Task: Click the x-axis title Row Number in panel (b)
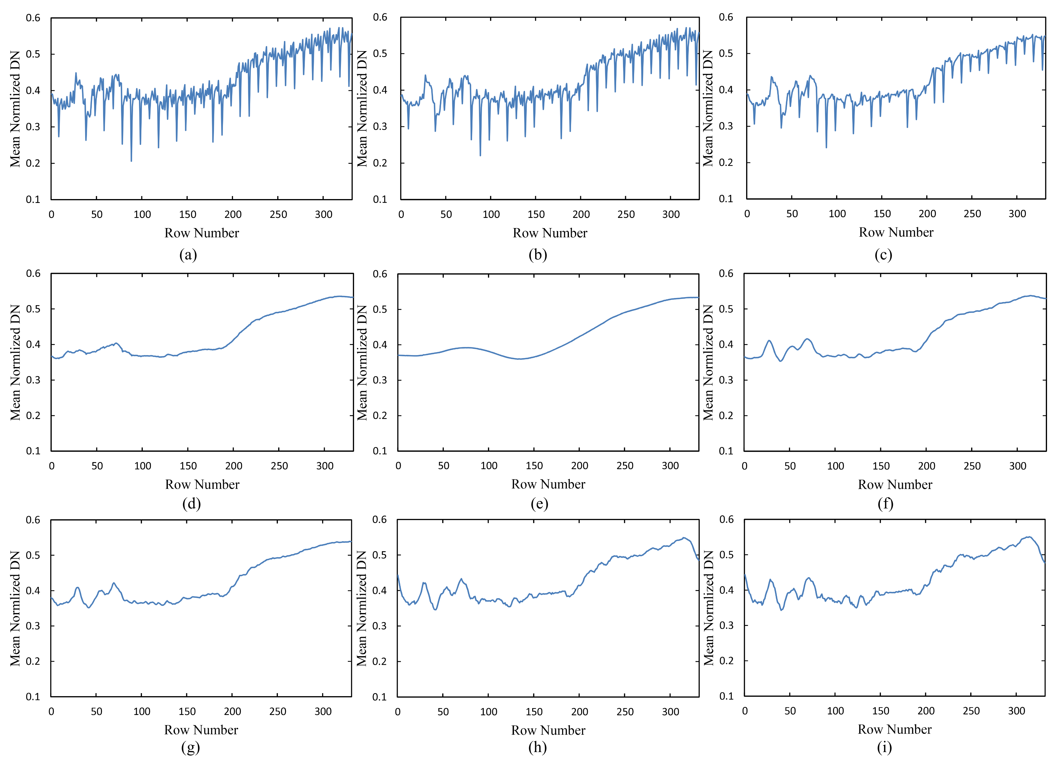[x=550, y=233]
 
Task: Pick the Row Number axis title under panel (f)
[x=895, y=485]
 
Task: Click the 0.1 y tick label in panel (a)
[x=33, y=200]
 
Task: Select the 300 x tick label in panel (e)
[x=670, y=466]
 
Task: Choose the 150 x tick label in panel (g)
[x=187, y=711]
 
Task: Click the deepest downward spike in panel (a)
[x=131, y=161]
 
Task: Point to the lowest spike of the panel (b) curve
[x=480, y=155]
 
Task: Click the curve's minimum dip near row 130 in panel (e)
[x=519, y=359]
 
